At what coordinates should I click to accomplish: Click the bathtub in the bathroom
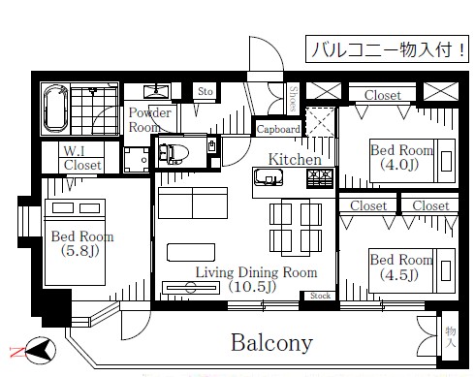(56, 109)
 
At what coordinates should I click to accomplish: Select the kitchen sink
(269, 177)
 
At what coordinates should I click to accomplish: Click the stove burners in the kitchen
(320, 179)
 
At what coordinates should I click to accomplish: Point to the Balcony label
(271, 343)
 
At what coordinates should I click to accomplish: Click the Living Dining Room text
(256, 272)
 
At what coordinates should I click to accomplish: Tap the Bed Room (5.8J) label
(82, 243)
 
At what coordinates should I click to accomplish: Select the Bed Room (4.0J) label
(401, 157)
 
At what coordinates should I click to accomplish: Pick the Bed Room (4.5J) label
(401, 267)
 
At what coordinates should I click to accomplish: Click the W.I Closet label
(82, 158)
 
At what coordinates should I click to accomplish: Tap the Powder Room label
(149, 119)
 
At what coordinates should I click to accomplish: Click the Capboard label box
(278, 129)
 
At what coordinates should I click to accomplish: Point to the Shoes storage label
(293, 99)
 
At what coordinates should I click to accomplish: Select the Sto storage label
(206, 91)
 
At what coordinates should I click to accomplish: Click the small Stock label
(320, 296)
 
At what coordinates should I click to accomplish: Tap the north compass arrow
(42, 350)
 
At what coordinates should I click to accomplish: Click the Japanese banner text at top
(387, 49)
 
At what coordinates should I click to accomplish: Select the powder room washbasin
(156, 91)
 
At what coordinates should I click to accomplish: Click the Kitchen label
(295, 159)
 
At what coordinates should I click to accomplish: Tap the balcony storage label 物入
(451, 336)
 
